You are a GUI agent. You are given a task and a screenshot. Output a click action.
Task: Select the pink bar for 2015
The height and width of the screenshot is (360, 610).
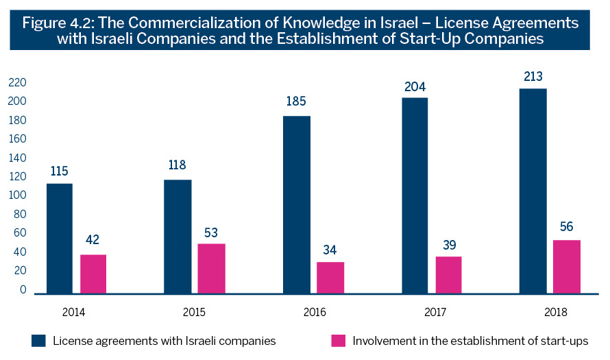[x=212, y=268]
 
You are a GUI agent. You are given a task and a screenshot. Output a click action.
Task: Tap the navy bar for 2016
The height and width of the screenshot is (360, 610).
[x=297, y=204]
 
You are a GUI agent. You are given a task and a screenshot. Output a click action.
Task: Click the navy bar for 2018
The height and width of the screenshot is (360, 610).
[x=533, y=191]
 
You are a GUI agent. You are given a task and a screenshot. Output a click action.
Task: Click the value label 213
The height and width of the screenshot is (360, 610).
[x=533, y=75]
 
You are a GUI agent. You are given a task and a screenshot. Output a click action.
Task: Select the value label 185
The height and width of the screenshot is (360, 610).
[x=297, y=102]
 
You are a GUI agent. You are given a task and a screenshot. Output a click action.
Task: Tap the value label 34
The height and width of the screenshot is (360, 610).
[x=330, y=249]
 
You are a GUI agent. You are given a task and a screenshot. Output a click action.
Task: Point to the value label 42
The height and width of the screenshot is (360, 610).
[x=93, y=241]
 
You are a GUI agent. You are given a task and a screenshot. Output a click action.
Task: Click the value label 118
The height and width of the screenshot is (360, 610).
[x=178, y=165]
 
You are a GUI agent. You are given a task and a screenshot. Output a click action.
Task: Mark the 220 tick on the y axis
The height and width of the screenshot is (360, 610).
[x=16, y=83]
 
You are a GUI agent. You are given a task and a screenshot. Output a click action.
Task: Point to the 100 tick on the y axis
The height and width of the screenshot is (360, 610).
[x=16, y=195]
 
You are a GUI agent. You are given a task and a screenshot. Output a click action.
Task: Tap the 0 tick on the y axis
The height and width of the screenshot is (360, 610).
[x=23, y=289]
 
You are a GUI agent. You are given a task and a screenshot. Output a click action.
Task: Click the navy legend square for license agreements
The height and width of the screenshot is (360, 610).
[x=38, y=340]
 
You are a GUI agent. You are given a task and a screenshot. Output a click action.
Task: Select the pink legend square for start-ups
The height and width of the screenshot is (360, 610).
[x=337, y=340]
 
